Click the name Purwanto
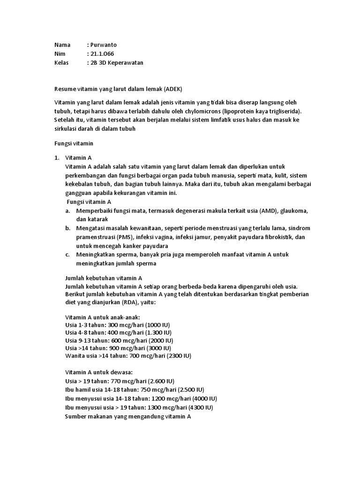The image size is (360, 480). pyautogui.click(x=103, y=45)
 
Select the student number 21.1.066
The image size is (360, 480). pyautogui.click(x=102, y=54)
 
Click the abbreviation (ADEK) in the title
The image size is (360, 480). pyautogui.click(x=172, y=89)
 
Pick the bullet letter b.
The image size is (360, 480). pyautogui.click(x=68, y=228)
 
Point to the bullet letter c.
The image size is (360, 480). pyautogui.click(x=68, y=255)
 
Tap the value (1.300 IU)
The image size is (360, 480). pyautogui.click(x=161, y=332)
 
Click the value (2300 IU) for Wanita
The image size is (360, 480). pyautogui.click(x=176, y=356)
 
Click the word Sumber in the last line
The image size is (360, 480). pyautogui.click(x=75, y=416)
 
